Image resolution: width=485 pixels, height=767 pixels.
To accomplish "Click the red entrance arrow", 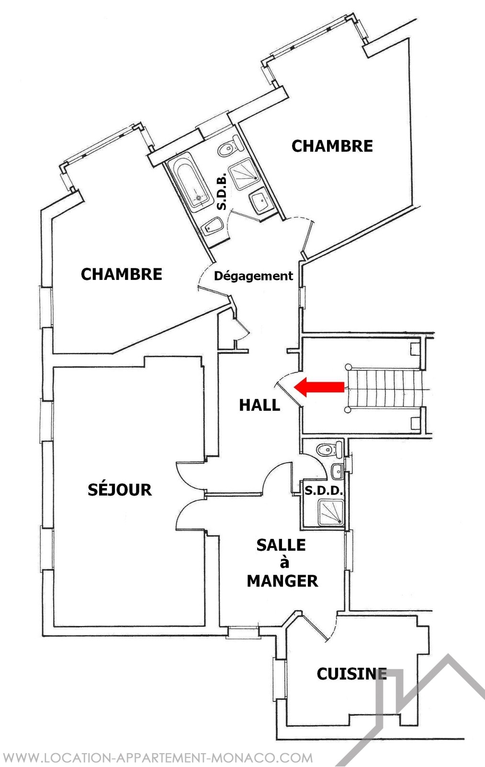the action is (319, 387).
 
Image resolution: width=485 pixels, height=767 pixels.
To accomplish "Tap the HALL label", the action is (259, 406).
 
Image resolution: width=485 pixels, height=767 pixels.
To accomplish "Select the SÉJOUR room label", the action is (120, 489).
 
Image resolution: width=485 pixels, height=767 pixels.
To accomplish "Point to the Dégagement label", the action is (253, 276).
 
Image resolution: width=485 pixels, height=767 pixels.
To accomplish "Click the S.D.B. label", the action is (222, 191).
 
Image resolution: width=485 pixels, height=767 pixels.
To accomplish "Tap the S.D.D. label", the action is (324, 491).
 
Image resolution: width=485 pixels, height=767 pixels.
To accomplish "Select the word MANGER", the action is (282, 581).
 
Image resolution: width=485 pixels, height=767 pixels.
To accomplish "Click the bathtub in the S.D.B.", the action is (190, 184).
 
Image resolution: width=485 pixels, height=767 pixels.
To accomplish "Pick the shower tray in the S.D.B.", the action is (245, 174).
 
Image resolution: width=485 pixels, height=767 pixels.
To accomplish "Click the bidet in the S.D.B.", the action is (212, 226).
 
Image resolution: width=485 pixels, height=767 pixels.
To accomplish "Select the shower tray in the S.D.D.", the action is (331, 512).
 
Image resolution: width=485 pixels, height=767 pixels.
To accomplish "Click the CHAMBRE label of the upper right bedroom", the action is (332, 146).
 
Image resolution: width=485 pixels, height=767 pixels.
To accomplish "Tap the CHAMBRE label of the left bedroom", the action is (122, 274).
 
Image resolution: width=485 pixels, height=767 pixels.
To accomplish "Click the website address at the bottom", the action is (158, 757).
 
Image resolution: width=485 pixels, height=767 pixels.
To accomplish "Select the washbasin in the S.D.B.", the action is (261, 201).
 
